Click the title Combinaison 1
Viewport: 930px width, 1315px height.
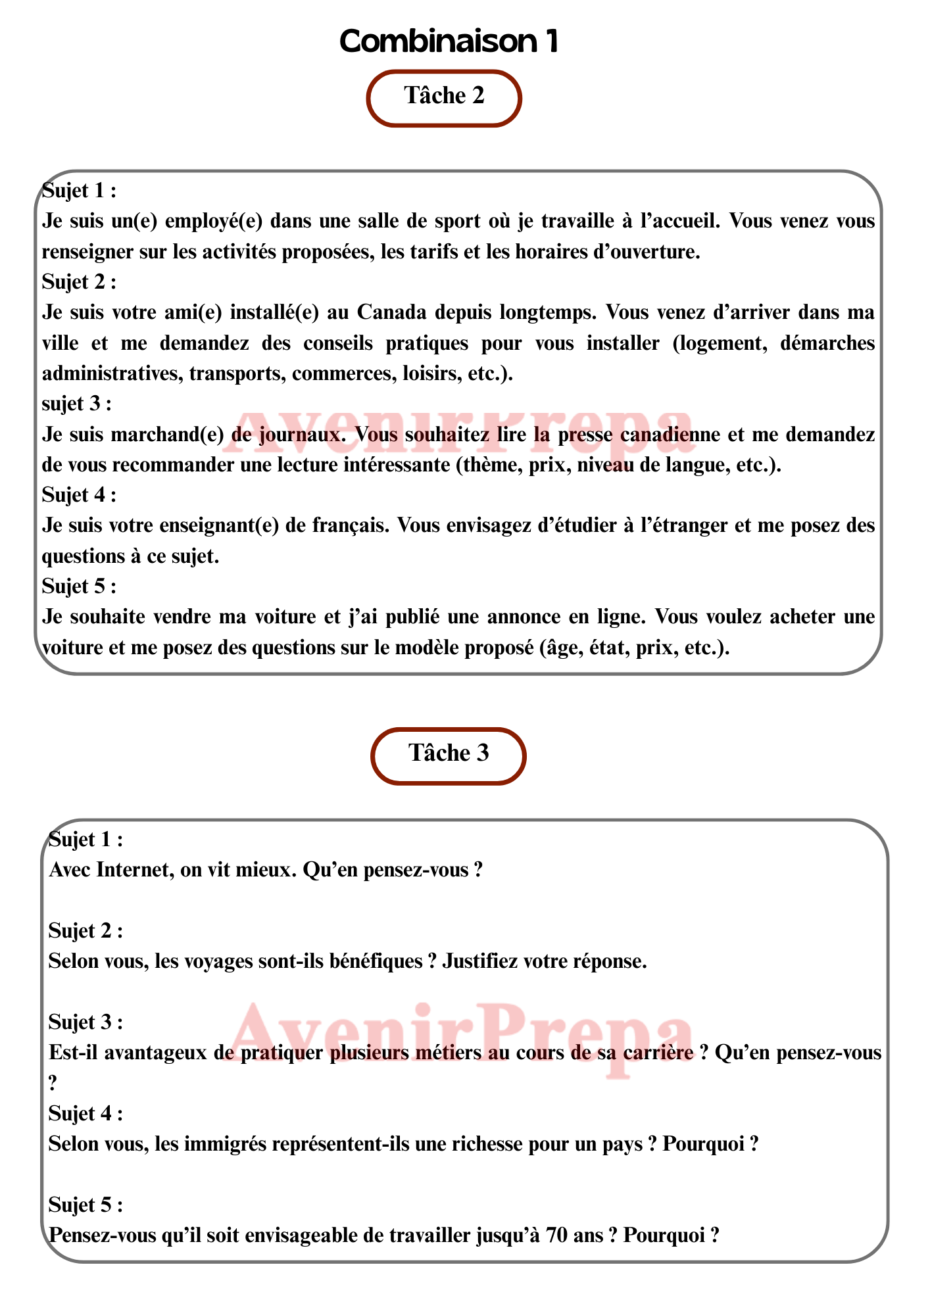449,41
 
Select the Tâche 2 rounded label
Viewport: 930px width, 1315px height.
444,97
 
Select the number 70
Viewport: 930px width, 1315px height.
558,1236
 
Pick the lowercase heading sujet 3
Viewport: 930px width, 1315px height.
76,403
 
